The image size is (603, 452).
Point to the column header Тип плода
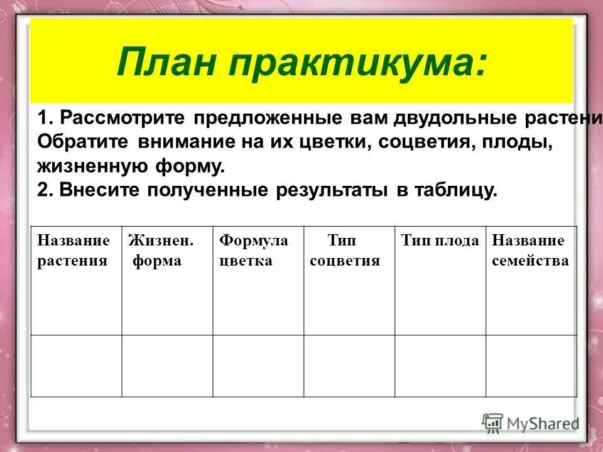(x=440, y=240)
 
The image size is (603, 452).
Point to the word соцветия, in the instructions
(x=421, y=143)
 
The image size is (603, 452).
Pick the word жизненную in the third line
(x=83, y=167)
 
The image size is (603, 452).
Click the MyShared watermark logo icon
(x=492, y=423)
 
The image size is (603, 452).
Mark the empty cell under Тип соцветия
(x=349, y=365)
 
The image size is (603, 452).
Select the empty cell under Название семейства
(x=531, y=365)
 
